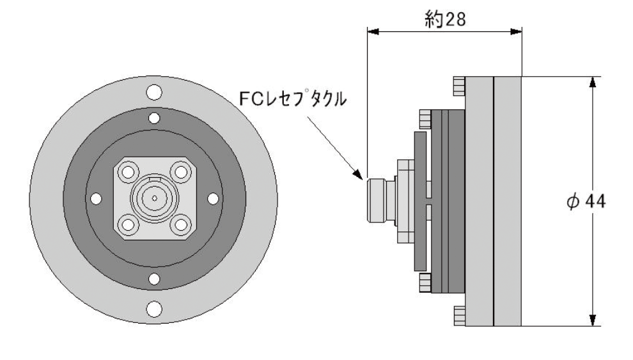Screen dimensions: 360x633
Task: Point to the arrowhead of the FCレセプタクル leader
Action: point(361,175)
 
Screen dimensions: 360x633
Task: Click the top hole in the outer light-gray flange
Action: point(153,92)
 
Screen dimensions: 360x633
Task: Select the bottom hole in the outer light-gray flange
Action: point(153,308)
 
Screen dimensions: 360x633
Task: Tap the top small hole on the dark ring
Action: point(153,118)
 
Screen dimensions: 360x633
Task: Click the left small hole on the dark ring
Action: point(95,199)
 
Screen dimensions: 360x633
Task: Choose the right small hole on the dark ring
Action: point(212,199)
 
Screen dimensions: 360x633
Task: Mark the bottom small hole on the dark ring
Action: point(153,279)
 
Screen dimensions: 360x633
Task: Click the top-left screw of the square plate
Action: point(127,173)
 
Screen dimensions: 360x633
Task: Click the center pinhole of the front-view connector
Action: point(154,199)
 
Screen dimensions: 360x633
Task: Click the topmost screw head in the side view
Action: point(458,84)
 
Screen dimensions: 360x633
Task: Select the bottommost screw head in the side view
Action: point(458,314)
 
